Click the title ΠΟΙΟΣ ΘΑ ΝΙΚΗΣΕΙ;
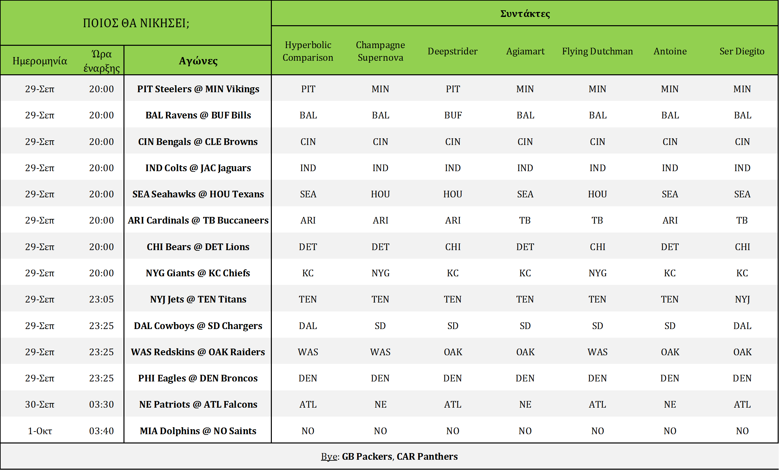pyautogui.click(x=136, y=23)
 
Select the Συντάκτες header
pyautogui.click(x=525, y=14)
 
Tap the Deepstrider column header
pyautogui.click(x=452, y=51)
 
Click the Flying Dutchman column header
pyautogui.click(x=597, y=51)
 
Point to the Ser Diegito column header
pyautogui.click(x=742, y=51)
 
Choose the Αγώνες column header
pyautogui.click(x=198, y=61)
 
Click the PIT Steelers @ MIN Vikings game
pyautogui.click(x=198, y=89)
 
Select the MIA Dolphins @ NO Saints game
pyautogui.click(x=198, y=431)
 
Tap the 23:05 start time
pyautogui.click(x=101, y=299)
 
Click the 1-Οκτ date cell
pyautogui.click(x=40, y=431)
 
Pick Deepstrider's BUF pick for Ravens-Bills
pyautogui.click(x=453, y=115)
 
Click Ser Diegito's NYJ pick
pyautogui.click(x=742, y=299)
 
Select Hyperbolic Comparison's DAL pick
pyautogui.click(x=308, y=326)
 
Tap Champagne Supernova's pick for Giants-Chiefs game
pyautogui.click(x=380, y=273)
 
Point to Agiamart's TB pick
pyautogui.click(x=525, y=220)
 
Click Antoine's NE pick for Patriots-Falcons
pyautogui.click(x=670, y=404)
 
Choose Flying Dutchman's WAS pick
pyautogui.click(x=597, y=352)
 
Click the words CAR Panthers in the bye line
pyautogui.click(x=427, y=456)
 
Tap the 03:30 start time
pyautogui.click(x=101, y=404)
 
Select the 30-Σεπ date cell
pyautogui.click(x=40, y=404)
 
